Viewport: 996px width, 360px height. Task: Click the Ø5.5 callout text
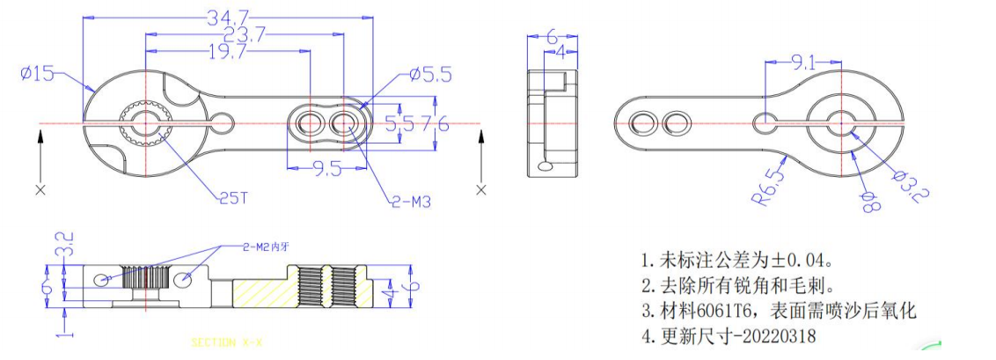click(430, 76)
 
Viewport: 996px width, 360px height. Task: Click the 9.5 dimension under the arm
click(326, 170)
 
